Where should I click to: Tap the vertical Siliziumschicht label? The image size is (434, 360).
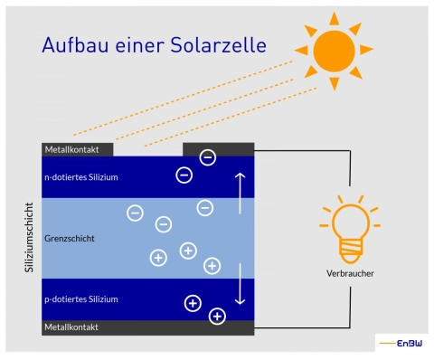tap(28, 239)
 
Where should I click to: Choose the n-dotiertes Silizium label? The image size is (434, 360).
tap(80, 176)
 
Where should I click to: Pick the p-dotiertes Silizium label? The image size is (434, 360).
tap(80, 298)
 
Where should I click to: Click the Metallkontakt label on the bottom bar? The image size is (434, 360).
tap(71, 327)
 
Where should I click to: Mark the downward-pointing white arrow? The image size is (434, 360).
tap(240, 284)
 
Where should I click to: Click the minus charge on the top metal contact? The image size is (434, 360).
tap(207, 157)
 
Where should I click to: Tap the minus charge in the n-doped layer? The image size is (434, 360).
tap(184, 175)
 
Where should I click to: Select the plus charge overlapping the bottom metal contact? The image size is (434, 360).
tap(217, 316)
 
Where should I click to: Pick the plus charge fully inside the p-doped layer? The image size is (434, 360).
tap(192, 303)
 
